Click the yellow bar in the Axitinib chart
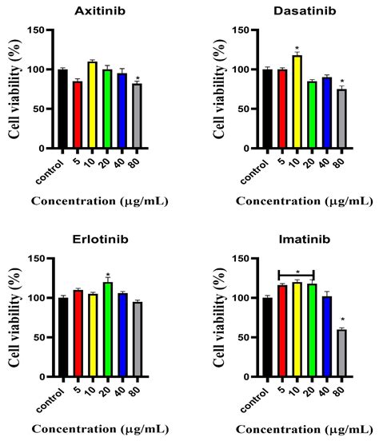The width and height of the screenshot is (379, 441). coord(92,105)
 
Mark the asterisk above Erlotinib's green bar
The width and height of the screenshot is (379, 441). coord(107,276)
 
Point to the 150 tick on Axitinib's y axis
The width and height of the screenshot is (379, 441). coord(43,30)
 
